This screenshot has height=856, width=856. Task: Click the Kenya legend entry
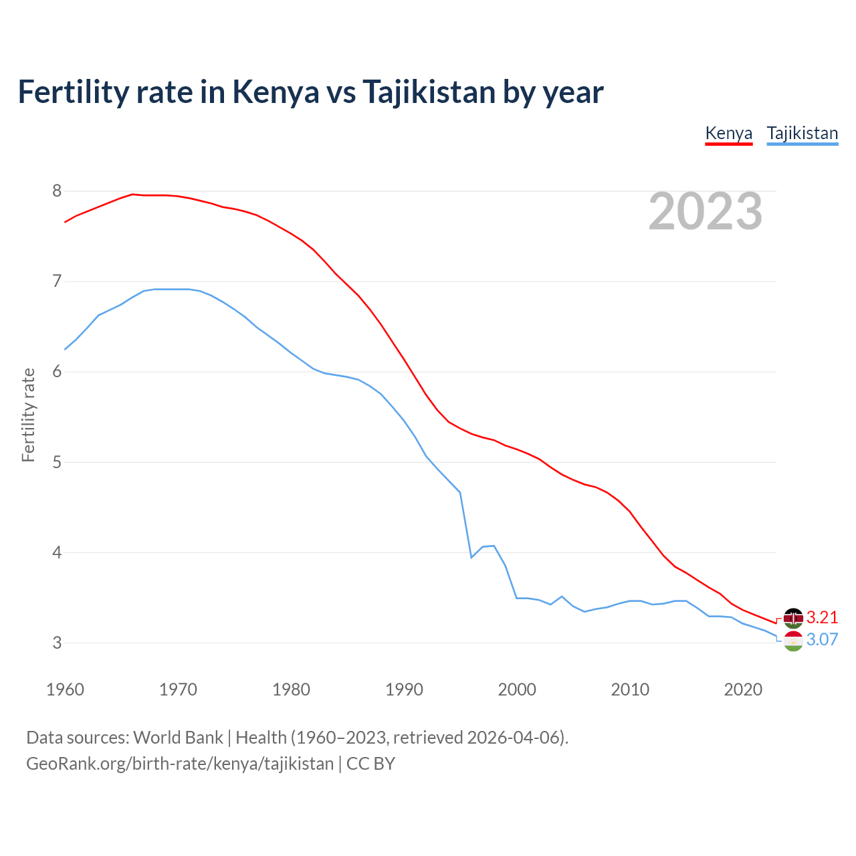(729, 133)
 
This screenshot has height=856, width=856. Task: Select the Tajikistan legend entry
(802, 133)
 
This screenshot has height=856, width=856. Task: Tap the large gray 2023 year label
(705, 211)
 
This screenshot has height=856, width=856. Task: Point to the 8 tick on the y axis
(57, 191)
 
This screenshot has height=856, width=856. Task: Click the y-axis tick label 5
(57, 462)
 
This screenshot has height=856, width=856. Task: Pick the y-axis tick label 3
(57, 643)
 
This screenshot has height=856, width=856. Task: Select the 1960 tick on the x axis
(65, 689)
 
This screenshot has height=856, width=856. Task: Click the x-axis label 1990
(404, 689)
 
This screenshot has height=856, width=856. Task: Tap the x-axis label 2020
(743, 689)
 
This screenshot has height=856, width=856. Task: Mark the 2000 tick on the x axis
(517, 689)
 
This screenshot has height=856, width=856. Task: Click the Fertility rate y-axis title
(28, 415)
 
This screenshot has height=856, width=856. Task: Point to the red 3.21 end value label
(822, 617)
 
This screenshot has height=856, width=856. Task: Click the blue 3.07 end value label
(822, 640)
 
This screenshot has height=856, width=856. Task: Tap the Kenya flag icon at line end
(793, 618)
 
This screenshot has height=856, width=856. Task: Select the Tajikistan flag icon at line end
(793, 641)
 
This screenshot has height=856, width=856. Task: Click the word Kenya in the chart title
(276, 92)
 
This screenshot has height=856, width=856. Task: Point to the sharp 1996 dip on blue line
(471, 557)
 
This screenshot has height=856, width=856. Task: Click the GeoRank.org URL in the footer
(180, 764)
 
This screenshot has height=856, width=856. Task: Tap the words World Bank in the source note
(178, 738)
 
